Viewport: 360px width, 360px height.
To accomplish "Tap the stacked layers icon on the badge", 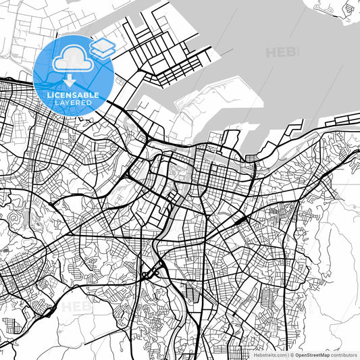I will click(103, 47).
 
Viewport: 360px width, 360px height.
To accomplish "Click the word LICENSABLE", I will click(72, 96).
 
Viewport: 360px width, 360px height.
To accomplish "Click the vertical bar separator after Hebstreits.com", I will click(288, 355).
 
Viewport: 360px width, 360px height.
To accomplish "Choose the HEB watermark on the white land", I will click(76, 307).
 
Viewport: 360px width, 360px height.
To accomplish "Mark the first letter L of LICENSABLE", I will click(47, 96).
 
